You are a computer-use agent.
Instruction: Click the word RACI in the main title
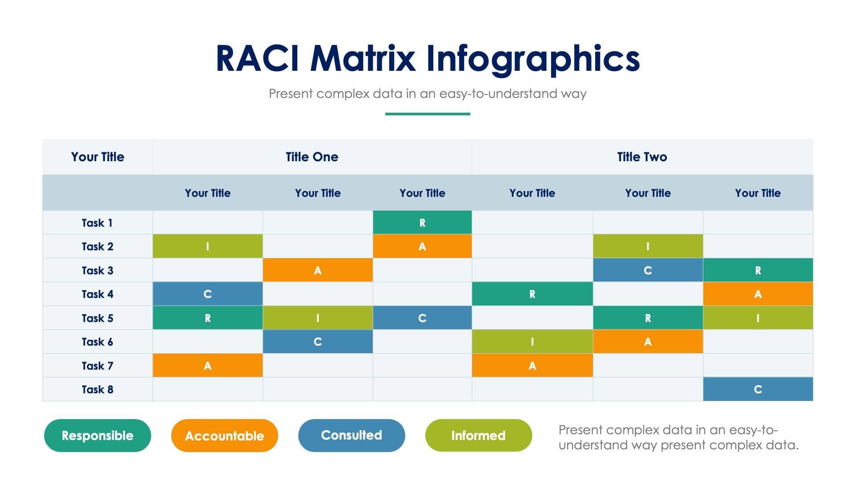pyautogui.click(x=257, y=58)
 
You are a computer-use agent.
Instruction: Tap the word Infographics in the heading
pyautogui.click(x=533, y=58)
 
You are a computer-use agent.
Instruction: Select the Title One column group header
pyautogui.click(x=312, y=157)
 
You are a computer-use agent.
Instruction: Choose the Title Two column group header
pyautogui.click(x=642, y=157)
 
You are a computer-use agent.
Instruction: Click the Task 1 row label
pyautogui.click(x=97, y=223)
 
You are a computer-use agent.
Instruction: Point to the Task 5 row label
pyautogui.click(x=97, y=318)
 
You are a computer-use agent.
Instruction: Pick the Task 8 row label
pyautogui.click(x=97, y=389)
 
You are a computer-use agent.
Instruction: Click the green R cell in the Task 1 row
pyautogui.click(x=422, y=223)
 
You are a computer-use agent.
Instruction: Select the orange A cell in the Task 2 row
pyautogui.click(x=422, y=246)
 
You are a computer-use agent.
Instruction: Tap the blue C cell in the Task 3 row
pyautogui.click(x=648, y=270)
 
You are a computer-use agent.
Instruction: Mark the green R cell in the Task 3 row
pyautogui.click(x=758, y=270)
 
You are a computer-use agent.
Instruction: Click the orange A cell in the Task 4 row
pyautogui.click(x=758, y=294)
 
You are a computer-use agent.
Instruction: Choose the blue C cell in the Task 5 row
pyautogui.click(x=422, y=318)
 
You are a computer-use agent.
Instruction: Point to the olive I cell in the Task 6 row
pyautogui.click(x=532, y=342)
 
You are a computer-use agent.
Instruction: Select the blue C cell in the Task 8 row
pyautogui.click(x=758, y=389)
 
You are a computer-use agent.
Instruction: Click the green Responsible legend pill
pyautogui.click(x=97, y=436)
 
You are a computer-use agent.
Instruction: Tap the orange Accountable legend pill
pyautogui.click(x=224, y=436)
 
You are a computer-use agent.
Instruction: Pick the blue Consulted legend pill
pyautogui.click(x=351, y=436)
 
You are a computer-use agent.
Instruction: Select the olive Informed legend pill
pyautogui.click(x=478, y=436)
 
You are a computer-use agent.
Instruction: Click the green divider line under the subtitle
pyautogui.click(x=428, y=114)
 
